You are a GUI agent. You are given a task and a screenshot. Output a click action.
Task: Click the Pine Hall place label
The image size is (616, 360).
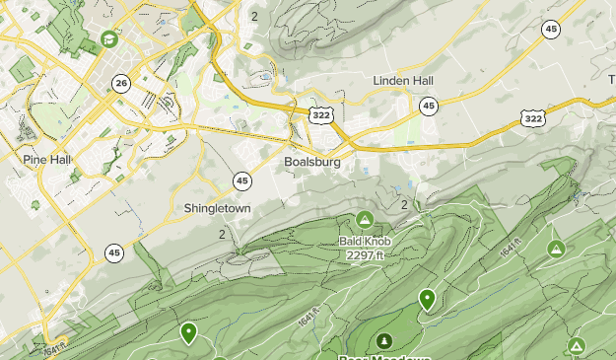tap(47, 159)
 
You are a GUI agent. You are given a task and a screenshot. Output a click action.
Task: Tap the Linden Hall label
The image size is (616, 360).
tap(403, 81)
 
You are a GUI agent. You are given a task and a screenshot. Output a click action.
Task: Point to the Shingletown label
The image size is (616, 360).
tap(217, 209)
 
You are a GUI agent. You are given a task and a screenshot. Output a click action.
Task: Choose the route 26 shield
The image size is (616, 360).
tap(119, 82)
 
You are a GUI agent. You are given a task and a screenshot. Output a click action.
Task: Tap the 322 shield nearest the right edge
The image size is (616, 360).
tap(533, 118)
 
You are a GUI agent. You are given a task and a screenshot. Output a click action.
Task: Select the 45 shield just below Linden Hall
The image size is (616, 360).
tap(428, 106)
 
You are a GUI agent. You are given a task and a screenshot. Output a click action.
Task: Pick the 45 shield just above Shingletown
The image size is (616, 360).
tap(241, 180)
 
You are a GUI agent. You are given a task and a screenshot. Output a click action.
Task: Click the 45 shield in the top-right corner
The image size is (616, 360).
tap(550, 29)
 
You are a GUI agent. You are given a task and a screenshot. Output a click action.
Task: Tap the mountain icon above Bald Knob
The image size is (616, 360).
tap(365, 219)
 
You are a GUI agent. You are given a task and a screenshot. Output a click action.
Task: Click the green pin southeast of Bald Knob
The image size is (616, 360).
tap(427, 298)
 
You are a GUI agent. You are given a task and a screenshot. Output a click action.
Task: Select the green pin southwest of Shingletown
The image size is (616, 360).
tap(188, 332)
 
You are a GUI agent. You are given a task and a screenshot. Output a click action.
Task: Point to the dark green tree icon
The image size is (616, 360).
tap(383, 340)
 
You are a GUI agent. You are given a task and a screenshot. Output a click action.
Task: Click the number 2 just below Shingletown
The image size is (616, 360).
tap(223, 234)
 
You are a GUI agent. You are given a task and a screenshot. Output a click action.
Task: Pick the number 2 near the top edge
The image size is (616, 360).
tap(254, 16)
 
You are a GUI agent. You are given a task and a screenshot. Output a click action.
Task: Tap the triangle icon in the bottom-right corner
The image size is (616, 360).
tap(577, 345)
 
